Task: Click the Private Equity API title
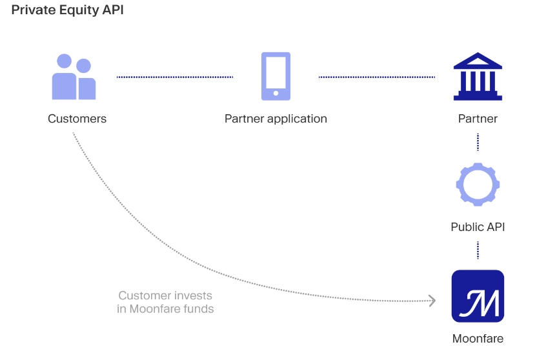tap(68, 10)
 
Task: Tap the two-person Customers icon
tap(74, 77)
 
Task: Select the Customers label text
tap(77, 119)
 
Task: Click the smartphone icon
tap(276, 76)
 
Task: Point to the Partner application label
tap(276, 119)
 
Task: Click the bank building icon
tap(478, 76)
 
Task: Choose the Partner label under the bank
tap(478, 119)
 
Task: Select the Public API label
tap(478, 227)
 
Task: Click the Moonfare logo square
tap(478, 296)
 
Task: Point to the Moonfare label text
tap(478, 339)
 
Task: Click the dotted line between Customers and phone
tap(175, 77)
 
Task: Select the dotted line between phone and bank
tap(377, 77)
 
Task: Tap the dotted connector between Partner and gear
tap(478, 142)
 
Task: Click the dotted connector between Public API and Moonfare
tap(478, 250)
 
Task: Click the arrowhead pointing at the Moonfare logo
tap(433, 301)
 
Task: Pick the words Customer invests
tap(165, 295)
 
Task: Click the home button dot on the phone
tap(276, 93)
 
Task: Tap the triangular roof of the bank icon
tap(478, 60)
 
